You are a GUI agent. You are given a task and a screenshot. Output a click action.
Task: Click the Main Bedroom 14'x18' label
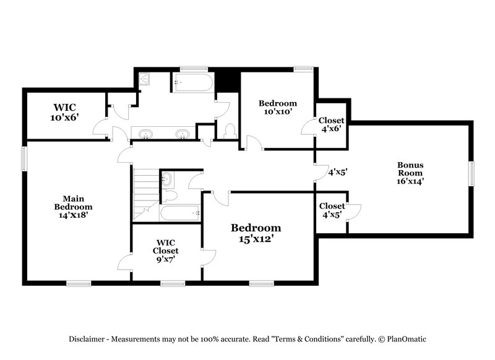(73, 207)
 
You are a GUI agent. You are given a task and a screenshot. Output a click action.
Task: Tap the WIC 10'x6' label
(64, 112)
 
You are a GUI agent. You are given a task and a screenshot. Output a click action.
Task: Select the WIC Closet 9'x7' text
(166, 251)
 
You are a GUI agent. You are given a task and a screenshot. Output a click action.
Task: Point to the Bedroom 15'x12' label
(256, 232)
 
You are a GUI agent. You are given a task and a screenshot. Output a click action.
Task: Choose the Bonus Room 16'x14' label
(410, 173)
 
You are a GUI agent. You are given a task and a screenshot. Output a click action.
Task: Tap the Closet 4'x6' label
(332, 124)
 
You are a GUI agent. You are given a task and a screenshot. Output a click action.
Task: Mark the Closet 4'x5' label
(332, 210)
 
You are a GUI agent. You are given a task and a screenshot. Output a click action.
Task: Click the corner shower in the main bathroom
(144, 79)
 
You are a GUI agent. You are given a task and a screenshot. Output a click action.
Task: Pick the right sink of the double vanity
(183, 134)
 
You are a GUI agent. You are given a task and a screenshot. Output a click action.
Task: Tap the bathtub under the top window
(192, 82)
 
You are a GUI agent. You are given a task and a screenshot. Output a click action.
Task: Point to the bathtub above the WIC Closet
(180, 213)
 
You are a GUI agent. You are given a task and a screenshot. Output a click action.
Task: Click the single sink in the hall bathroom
(167, 179)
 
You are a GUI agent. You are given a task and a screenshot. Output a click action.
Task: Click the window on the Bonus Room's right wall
(470, 173)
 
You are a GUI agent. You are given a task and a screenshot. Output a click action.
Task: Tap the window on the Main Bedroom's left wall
(25, 158)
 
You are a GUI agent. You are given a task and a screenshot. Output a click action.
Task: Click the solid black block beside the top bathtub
(227, 80)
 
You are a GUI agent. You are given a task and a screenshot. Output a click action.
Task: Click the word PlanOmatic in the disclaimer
(406, 339)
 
